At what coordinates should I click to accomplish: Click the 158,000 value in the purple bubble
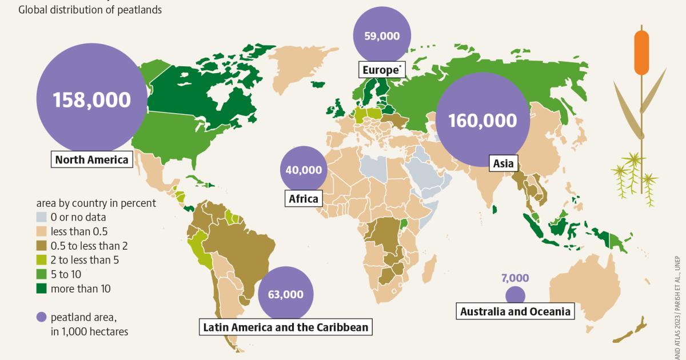click(x=91, y=99)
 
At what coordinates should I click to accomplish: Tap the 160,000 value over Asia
click(x=482, y=120)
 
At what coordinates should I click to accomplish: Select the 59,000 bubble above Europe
click(x=382, y=35)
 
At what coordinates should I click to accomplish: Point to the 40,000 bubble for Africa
click(x=304, y=170)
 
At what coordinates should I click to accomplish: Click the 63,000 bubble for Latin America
click(x=285, y=294)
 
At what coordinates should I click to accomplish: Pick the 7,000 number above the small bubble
click(x=515, y=278)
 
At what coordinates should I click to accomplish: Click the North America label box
click(x=91, y=159)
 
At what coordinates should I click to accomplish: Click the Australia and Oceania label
click(x=515, y=311)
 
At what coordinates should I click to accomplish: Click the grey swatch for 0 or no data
click(x=43, y=217)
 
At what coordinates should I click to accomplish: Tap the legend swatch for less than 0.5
click(x=43, y=231)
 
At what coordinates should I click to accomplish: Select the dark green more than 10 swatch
click(x=43, y=289)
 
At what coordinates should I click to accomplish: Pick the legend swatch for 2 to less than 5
click(x=43, y=260)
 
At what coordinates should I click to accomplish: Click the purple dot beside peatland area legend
click(x=42, y=317)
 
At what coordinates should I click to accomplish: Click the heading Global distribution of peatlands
click(x=91, y=10)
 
